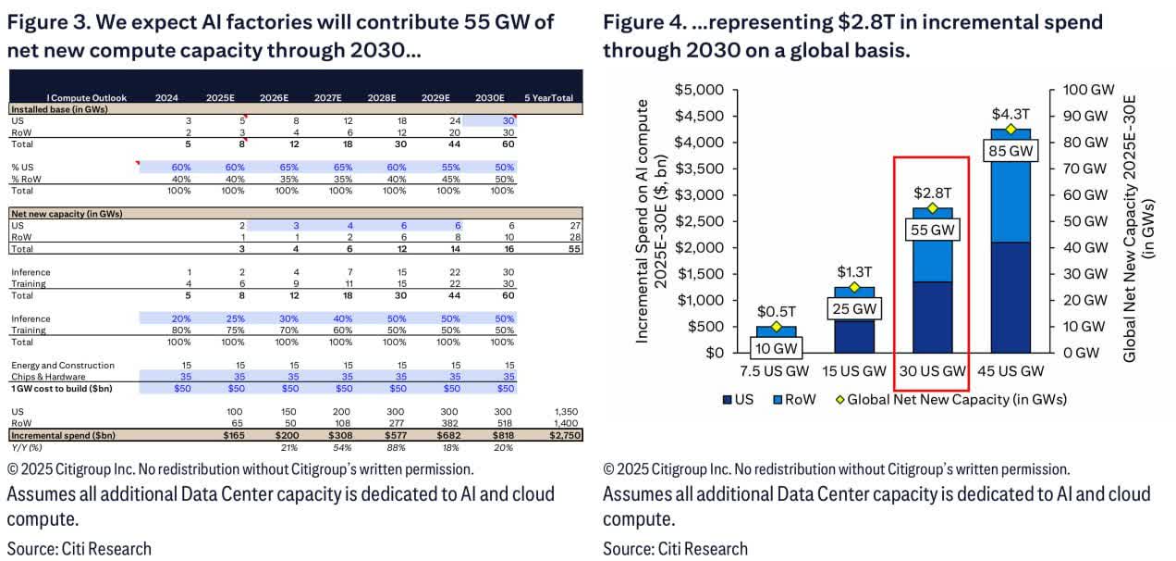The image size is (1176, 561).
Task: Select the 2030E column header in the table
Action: pos(488,97)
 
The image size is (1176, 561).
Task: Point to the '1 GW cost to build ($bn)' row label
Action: pos(62,388)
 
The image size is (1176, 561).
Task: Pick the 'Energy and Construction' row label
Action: pos(63,366)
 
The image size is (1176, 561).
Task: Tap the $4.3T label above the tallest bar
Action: pos(1011,114)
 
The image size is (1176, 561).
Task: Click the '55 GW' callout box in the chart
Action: pos(932,229)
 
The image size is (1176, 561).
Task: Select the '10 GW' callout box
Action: pos(776,348)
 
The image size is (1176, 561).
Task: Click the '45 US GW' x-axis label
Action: pos(1011,370)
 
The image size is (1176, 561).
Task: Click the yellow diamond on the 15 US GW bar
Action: pos(854,287)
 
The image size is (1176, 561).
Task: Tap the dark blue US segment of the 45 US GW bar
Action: pos(1011,296)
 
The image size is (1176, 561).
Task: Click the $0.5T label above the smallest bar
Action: pos(776,312)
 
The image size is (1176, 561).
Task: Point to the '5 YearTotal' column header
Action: pos(548,97)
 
